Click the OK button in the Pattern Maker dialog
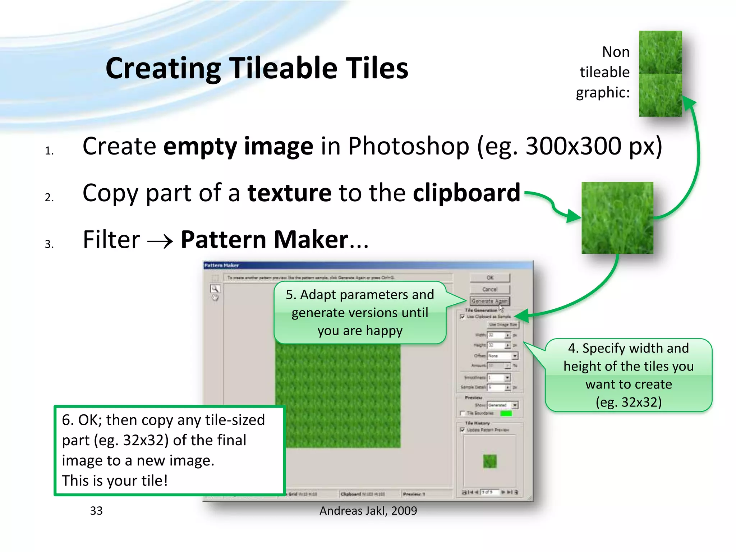[490, 277]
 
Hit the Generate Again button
[490, 301]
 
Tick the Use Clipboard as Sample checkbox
[463, 317]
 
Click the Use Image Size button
[503, 325]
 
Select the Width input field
[496, 335]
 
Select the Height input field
[496, 345]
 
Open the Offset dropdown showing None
[503, 356]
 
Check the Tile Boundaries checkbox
[463, 413]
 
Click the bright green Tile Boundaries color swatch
[506, 413]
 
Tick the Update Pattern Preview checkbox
[463, 430]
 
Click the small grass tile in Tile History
[490, 461]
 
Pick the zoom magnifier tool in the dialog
[215, 289]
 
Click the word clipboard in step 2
[466, 193]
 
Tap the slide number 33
[96, 511]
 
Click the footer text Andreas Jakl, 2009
[368, 511]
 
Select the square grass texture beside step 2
[617, 218]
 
